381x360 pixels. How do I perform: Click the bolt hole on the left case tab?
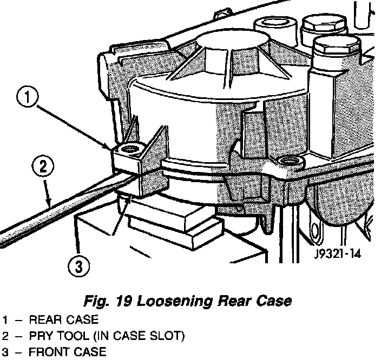(128, 148)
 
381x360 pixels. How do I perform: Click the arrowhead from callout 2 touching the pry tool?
(50, 205)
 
